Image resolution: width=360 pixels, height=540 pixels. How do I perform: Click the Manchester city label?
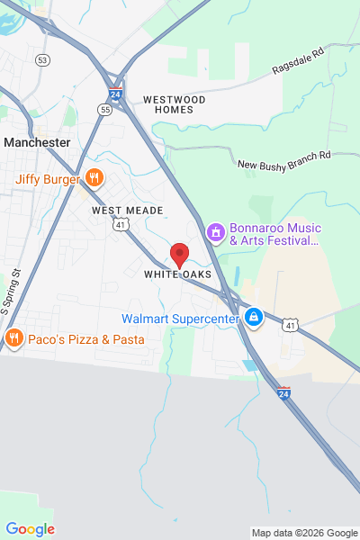[x=37, y=142]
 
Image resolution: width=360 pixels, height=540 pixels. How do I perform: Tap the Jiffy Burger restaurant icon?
[x=94, y=178]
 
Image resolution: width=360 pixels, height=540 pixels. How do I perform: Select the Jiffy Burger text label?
[x=47, y=178]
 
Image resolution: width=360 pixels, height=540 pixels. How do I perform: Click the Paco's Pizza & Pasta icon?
[x=13, y=339]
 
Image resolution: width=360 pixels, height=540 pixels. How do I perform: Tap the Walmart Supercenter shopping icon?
[x=255, y=318]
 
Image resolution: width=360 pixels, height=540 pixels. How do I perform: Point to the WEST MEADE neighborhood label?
[x=128, y=210]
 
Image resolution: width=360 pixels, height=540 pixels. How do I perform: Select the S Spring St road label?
[x=11, y=289]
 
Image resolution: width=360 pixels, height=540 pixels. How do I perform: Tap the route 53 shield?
[x=42, y=59]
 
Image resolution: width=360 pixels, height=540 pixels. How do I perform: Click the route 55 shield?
[x=105, y=109]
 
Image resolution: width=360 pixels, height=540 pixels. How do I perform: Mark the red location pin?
[x=180, y=254]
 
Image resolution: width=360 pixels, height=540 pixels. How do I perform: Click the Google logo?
[x=30, y=529]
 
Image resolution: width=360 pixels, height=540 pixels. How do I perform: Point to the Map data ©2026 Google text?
[x=303, y=533]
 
